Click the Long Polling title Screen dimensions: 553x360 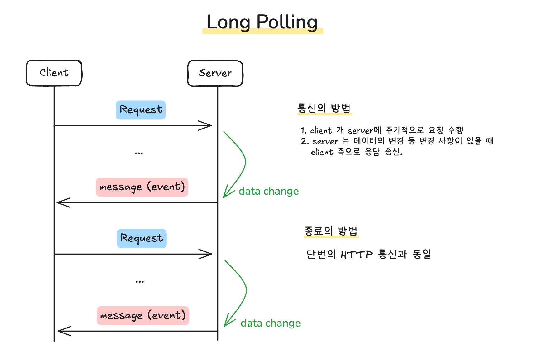click(x=262, y=22)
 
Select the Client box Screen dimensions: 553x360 click(x=54, y=73)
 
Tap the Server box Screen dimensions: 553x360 click(x=215, y=73)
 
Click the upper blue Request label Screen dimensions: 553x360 click(x=141, y=110)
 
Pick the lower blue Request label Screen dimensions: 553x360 click(x=142, y=238)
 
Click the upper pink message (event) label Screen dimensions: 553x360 click(x=142, y=187)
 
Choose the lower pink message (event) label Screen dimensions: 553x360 click(x=143, y=315)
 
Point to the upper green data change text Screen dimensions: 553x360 click(x=269, y=191)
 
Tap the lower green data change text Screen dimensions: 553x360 click(x=271, y=323)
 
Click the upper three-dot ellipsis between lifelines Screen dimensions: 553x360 click(x=139, y=153)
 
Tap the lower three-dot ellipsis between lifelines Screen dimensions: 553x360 click(x=140, y=282)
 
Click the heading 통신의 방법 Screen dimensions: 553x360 click(x=324, y=108)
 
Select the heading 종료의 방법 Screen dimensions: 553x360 click(x=331, y=231)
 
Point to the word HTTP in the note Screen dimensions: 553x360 click(x=357, y=255)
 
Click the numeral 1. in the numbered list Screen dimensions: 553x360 click(x=303, y=130)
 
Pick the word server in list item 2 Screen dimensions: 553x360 click(x=325, y=142)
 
